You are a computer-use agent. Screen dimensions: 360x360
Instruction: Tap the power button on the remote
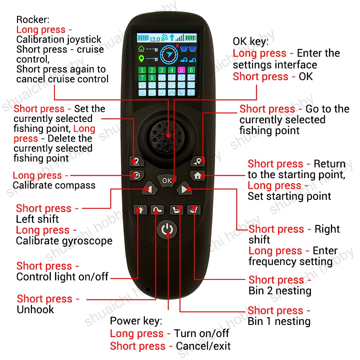(167, 229)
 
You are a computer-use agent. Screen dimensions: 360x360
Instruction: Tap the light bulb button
(141, 210)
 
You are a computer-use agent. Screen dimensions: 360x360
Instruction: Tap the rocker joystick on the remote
(167, 135)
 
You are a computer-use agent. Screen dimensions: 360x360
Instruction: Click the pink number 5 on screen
(181, 70)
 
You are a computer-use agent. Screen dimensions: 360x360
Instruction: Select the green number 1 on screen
(142, 70)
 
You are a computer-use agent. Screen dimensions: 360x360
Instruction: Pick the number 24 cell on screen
(191, 93)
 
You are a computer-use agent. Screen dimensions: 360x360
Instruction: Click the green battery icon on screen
(190, 38)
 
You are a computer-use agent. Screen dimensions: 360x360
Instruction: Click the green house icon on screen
(141, 49)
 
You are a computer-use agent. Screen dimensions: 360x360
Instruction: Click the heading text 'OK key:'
(251, 42)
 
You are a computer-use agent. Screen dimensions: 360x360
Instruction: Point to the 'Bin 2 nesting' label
(279, 291)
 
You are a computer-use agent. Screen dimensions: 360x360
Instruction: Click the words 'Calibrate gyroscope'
(64, 241)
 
